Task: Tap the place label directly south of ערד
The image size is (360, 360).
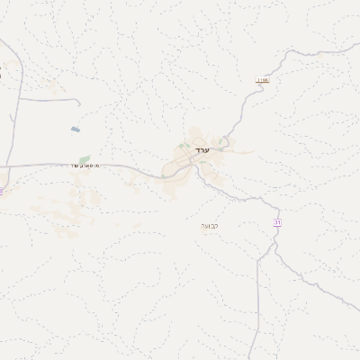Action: click(x=209, y=225)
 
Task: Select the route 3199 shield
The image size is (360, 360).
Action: click(x=263, y=80)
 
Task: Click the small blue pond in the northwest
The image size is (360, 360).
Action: click(x=76, y=130)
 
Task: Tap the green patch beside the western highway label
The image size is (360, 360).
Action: click(x=85, y=159)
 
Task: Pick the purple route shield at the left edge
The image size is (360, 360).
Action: click(x=2, y=191)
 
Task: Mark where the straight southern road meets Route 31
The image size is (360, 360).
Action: click(x=258, y=259)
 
